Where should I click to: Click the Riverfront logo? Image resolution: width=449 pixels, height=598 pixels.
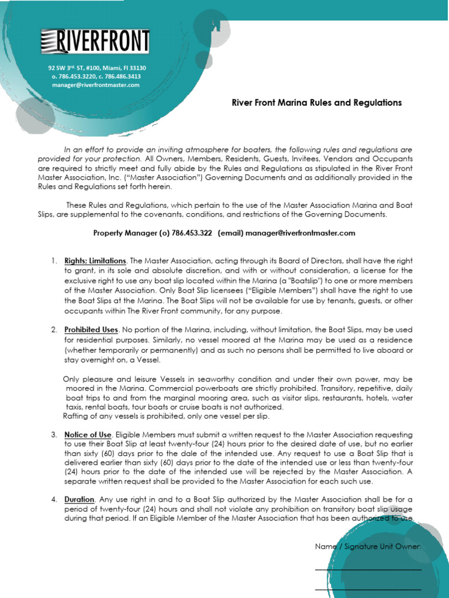(95, 42)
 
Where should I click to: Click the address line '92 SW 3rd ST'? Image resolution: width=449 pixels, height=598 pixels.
(73, 68)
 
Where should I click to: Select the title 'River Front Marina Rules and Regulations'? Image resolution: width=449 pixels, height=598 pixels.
(317, 103)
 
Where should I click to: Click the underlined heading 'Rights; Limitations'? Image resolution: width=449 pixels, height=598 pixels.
(95, 260)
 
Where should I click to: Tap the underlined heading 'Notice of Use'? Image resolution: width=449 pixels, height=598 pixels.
(88, 434)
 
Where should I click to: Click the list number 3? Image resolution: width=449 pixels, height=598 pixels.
(54, 434)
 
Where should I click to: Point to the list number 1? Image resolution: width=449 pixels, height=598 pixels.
(54, 260)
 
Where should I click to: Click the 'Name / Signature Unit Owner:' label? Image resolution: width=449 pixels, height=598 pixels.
(368, 547)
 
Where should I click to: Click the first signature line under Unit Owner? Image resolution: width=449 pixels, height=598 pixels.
(368, 569)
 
